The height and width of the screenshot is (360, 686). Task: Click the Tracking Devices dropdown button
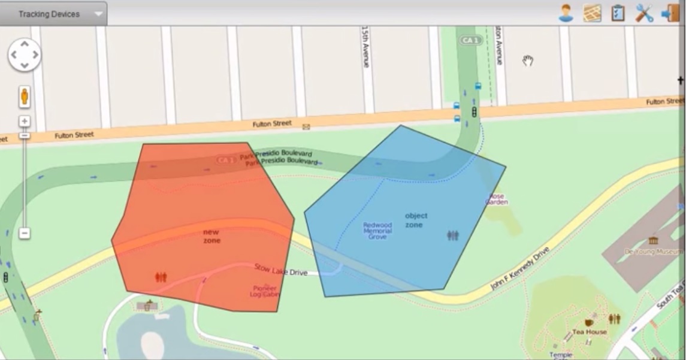(53, 14)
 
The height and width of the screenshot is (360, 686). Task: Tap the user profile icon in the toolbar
(566, 13)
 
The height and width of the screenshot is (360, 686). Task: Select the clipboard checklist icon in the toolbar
(618, 13)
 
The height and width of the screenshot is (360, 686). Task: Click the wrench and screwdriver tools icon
(644, 13)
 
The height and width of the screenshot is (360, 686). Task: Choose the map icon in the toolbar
(592, 13)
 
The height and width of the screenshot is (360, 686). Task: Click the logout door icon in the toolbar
(670, 13)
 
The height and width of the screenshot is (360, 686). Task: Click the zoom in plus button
(25, 121)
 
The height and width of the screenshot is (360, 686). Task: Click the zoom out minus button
(25, 233)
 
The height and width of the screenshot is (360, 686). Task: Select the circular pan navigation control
(24, 55)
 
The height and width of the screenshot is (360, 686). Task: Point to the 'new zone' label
(211, 236)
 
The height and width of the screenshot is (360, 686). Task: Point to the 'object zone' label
(416, 220)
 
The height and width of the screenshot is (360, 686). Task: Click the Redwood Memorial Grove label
(377, 231)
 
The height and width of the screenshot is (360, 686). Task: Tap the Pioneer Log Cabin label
(265, 291)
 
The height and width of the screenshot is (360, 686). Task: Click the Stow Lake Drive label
(280, 270)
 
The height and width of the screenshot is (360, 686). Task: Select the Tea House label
(590, 331)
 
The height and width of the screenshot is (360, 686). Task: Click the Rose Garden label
(497, 199)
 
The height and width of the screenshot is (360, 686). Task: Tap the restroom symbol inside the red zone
(161, 277)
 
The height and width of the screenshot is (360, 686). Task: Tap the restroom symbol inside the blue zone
(453, 235)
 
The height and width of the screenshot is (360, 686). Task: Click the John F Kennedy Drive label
(519, 268)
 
